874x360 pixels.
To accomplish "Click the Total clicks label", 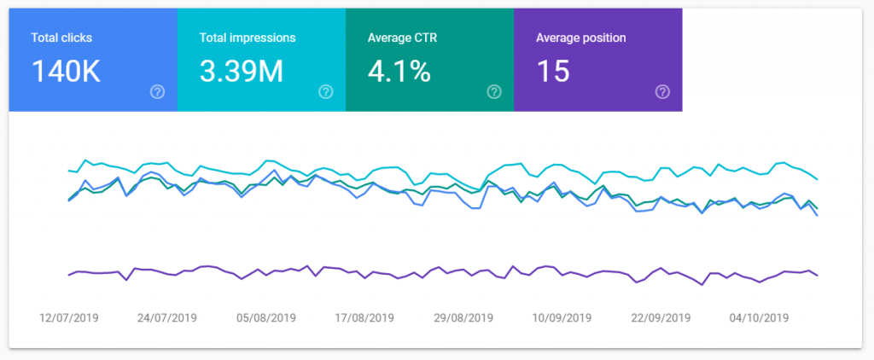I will pyautogui.click(x=61, y=38).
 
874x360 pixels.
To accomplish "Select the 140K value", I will pyautogui.click(x=67, y=72).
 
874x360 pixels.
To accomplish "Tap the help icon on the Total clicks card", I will pyautogui.click(x=157, y=92).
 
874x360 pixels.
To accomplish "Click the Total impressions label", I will pyautogui.click(x=248, y=38).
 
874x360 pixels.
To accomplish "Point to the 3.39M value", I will pyautogui.click(x=242, y=72).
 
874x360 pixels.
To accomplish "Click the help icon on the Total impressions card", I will pyautogui.click(x=325, y=92).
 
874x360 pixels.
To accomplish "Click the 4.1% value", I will pyautogui.click(x=399, y=72).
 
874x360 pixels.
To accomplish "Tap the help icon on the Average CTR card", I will pyautogui.click(x=493, y=92).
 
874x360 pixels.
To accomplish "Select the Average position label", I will pyautogui.click(x=580, y=38).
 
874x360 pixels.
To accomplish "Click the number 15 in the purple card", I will pyautogui.click(x=553, y=72).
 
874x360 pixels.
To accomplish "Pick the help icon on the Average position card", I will pyautogui.click(x=661, y=92).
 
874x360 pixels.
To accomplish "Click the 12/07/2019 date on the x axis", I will pyautogui.click(x=69, y=318).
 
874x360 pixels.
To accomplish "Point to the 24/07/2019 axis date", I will pyautogui.click(x=167, y=318).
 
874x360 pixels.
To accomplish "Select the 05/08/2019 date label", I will pyautogui.click(x=266, y=318).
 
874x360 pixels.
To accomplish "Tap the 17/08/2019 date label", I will pyautogui.click(x=365, y=318).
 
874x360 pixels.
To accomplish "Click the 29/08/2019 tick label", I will pyautogui.click(x=463, y=318).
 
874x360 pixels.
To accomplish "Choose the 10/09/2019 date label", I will pyautogui.click(x=562, y=318).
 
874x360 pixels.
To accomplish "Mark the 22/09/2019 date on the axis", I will pyautogui.click(x=661, y=318).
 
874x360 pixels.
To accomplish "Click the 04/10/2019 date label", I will pyautogui.click(x=760, y=318).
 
